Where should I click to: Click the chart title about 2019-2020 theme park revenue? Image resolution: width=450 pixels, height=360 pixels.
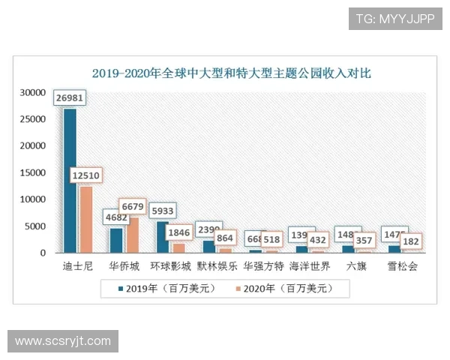tap(231, 73)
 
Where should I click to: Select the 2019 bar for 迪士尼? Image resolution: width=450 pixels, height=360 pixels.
tap(70, 180)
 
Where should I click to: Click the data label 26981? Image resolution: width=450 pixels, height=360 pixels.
tap(70, 98)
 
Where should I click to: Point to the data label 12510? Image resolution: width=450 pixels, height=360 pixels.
tap(86, 175)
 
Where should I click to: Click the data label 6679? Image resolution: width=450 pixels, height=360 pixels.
tap(133, 206)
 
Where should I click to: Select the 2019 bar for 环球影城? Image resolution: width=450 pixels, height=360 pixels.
tap(162, 237)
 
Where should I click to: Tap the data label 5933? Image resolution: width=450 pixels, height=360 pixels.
tap(161, 211)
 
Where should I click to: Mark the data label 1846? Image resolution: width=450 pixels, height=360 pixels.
tap(178, 232)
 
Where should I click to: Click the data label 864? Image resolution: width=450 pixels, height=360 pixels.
tap(225, 238)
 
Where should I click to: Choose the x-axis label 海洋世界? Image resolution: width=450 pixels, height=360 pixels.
tap(309, 266)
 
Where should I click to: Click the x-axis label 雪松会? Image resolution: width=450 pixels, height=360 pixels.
tap(402, 266)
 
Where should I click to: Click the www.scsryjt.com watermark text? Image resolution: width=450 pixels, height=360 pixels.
tap(63, 341)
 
